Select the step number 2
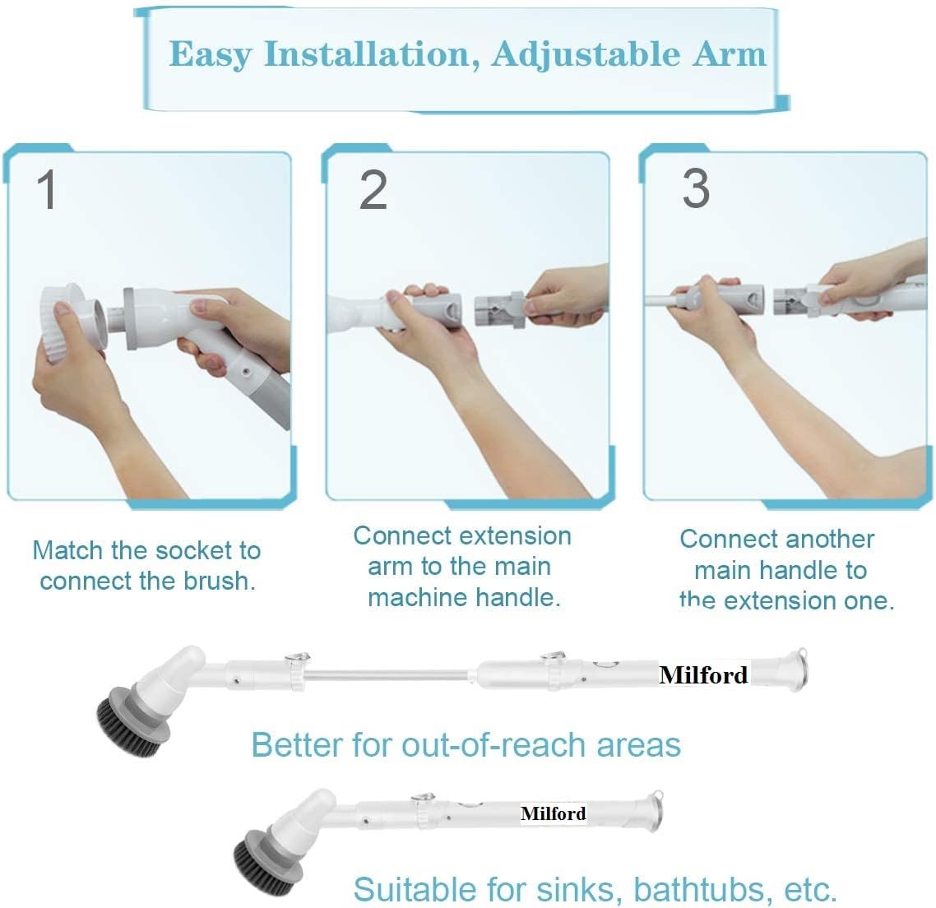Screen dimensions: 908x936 pyautogui.click(x=373, y=189)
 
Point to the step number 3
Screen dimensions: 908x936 pyautogui.click(x=695, y=188)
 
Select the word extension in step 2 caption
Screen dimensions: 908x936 pyautogui.click(x=516, y=535)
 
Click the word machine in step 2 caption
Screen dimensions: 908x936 pyautogui.click(x=414, y=597)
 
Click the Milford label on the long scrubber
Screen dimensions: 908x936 pyautogui.click(x=703, y=675)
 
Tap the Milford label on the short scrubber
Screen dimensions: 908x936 pyautogui.click(x=554, y=813)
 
